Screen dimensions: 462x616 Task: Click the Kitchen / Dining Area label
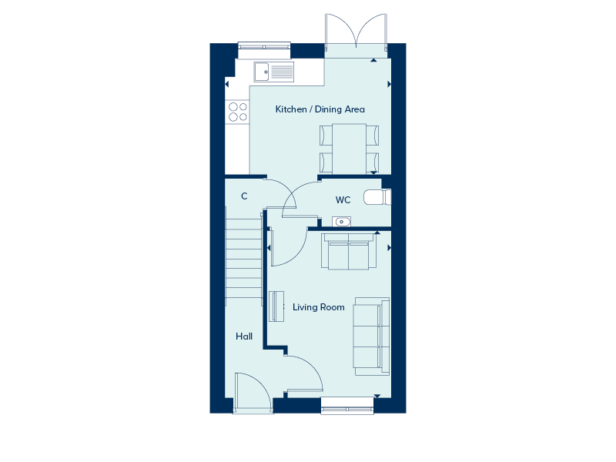(320, 109)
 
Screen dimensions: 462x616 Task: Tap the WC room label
(343, 200)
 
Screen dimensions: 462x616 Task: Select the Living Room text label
(319, 307)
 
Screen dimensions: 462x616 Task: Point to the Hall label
(244, 336)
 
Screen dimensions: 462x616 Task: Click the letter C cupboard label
(244, 196)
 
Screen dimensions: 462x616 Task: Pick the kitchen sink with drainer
(273, 72)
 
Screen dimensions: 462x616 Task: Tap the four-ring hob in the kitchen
(237, 112)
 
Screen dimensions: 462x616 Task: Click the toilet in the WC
(375, 197)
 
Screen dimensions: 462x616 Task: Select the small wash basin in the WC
(341, 222)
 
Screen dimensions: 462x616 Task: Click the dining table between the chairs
(349, 149)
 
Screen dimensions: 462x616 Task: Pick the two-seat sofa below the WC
(349, 253)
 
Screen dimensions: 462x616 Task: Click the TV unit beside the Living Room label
(276, 306)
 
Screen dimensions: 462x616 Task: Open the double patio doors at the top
(355, 35)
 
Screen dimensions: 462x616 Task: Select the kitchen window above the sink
(264, 47)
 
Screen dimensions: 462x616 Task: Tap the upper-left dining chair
(326, 136)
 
